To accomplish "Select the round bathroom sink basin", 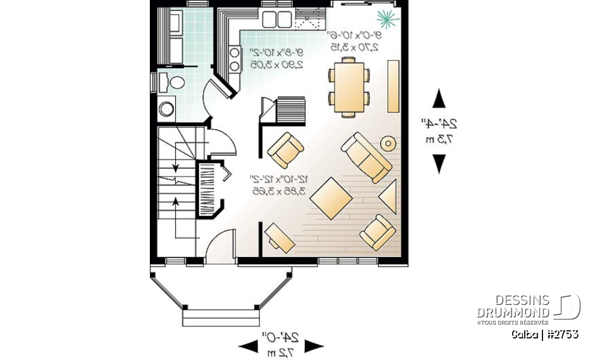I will [x=166, y=109].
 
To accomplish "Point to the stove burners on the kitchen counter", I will [x=234, y=60].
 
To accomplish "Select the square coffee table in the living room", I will [x=331, y=197].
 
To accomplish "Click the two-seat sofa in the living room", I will [x=366, y=157].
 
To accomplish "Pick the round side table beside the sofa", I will [x=388, y=144].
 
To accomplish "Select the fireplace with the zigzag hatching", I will [x=209, y=190].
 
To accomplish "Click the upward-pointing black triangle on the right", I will [x=438, y=99].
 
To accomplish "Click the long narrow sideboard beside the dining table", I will [x=393, y=86].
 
